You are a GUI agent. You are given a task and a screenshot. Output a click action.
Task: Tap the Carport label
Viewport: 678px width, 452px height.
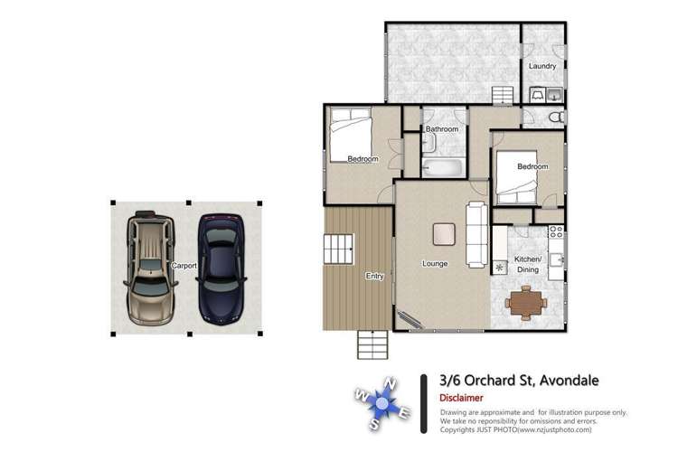[x=184, y=267]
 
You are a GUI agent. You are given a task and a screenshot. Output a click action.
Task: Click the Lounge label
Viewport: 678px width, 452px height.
[x=436, y=264]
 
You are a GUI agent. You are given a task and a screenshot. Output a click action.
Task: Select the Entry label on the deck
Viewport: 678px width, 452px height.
[x=373, y=276]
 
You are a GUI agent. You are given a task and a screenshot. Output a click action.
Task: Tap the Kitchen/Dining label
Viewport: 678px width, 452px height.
[x=528, y=265]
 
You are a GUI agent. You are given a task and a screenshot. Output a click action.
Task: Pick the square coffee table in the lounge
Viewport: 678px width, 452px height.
[x=443, y=233]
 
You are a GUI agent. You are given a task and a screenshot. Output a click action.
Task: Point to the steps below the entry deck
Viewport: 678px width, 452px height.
[x=372, y=343]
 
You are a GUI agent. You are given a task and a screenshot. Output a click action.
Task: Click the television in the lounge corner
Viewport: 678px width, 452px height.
[x=411, y=319]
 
